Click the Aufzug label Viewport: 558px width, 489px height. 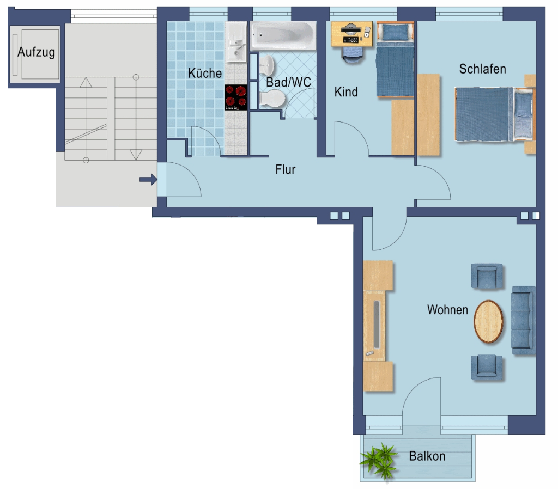36,52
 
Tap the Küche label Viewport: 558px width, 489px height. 205,74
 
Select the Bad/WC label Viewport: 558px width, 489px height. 289,82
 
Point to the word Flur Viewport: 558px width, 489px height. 286,169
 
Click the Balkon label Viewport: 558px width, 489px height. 427,456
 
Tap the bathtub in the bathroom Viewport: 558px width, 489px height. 283,35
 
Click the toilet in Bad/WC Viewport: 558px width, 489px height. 272,98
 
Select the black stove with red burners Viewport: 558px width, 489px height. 235,97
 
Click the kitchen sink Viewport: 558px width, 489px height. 236,41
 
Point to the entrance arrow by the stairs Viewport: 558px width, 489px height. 148,180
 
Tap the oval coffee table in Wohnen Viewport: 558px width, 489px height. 488,321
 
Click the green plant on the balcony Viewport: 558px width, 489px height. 380,461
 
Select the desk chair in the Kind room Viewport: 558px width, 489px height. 353,54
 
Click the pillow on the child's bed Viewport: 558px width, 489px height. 395,32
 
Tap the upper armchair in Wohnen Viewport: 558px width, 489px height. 487,276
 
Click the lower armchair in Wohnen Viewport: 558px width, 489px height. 487,367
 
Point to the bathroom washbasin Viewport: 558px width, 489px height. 266,66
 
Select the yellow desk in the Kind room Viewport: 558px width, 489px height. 351,34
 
